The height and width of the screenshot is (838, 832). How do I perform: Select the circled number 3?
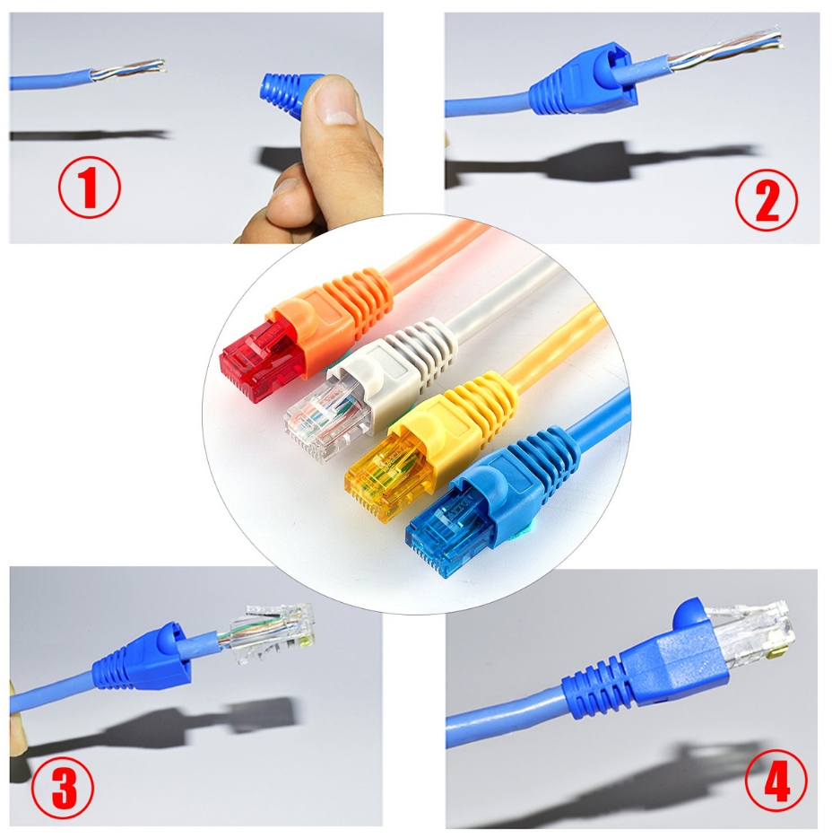click(x=63, y=786)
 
